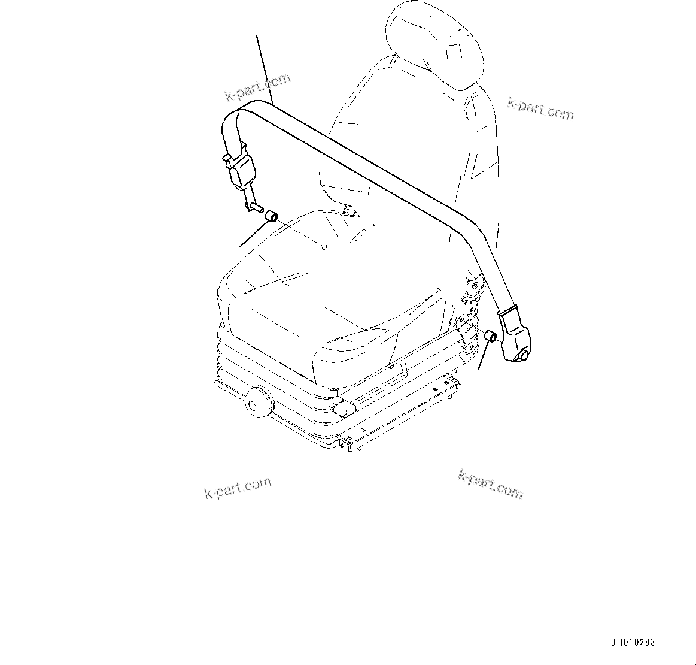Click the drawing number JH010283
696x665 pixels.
633,643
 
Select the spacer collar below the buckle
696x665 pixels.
271,215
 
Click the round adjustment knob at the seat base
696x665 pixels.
257,400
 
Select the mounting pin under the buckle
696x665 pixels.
254,207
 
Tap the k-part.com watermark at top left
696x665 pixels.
257,87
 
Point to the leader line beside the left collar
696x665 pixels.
251,234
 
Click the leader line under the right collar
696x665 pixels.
482,356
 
